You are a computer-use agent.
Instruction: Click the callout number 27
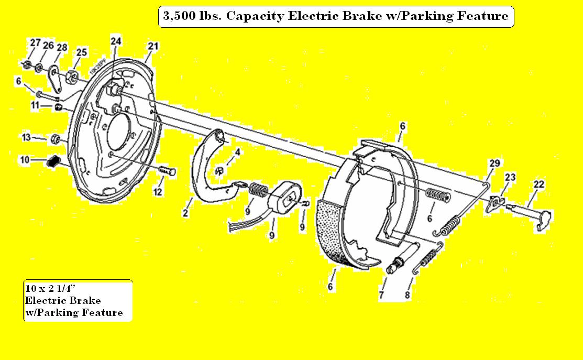[x=35, y=43]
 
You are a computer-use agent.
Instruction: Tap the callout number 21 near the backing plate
[x=152, y=46]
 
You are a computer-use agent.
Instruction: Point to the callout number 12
[x=157, y=192]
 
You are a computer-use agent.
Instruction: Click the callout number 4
[x=237, y=152]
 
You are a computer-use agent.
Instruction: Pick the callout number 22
[x=539, y=184]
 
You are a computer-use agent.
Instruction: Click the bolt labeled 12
[x=167, y=171]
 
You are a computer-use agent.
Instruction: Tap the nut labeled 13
[x=55, y=139]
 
